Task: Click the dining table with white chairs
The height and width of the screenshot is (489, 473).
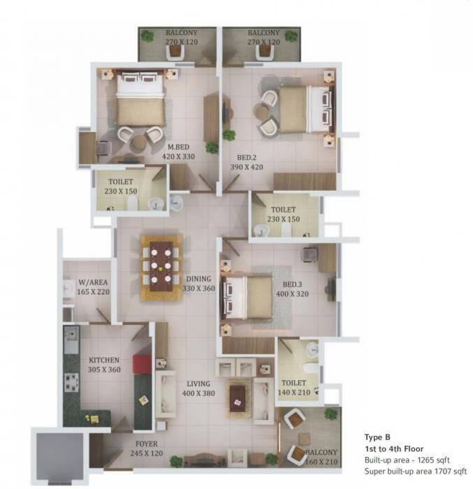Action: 161,268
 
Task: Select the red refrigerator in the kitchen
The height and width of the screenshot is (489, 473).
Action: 143,364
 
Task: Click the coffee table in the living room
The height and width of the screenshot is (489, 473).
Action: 238,395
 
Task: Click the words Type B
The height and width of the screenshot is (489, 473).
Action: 378,437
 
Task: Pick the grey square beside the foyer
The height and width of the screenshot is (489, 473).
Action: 59,458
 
